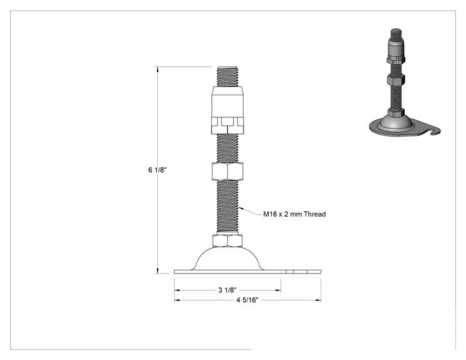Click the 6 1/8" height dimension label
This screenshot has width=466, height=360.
click(x=157, y=170)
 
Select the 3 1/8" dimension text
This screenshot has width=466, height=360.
click(x=227, y=290)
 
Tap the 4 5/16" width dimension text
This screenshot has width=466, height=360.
click(x=247, y=300)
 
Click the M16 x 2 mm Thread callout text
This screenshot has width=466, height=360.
click(x=294, y=214)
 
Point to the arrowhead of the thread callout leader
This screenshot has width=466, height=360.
click(x=240, y=208)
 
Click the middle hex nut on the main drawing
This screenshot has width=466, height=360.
click(x=227, y=171)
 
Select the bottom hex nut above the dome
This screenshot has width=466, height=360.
click(x=227, y=240)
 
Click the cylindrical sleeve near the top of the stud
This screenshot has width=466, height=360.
click(x=227, y=101)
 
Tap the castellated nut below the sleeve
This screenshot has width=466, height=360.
click(x=227, y=125)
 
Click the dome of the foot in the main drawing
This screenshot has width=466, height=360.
click(x=227, y=259)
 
